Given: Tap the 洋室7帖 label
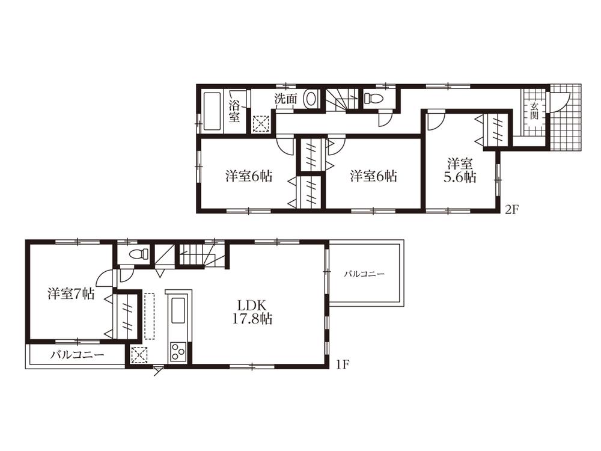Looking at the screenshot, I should point(71,294).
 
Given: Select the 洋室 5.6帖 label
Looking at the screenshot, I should point(461,170).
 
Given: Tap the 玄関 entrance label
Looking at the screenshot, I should point(533,111).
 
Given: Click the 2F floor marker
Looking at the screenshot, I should point(511,210).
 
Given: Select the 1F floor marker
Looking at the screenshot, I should point(343,364).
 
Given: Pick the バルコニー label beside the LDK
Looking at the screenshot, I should point(364,274).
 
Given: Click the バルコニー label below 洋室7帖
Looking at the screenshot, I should point(77,355).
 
